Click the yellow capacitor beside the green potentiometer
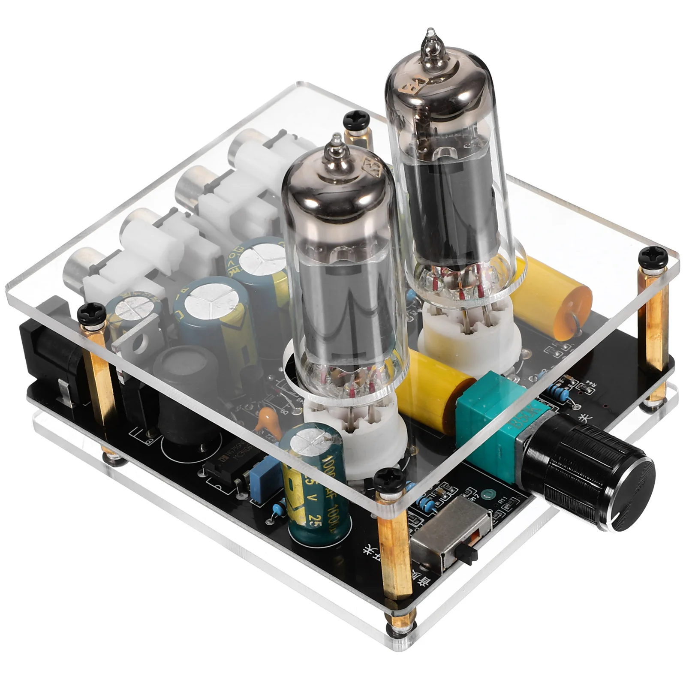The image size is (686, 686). point(433,397)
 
